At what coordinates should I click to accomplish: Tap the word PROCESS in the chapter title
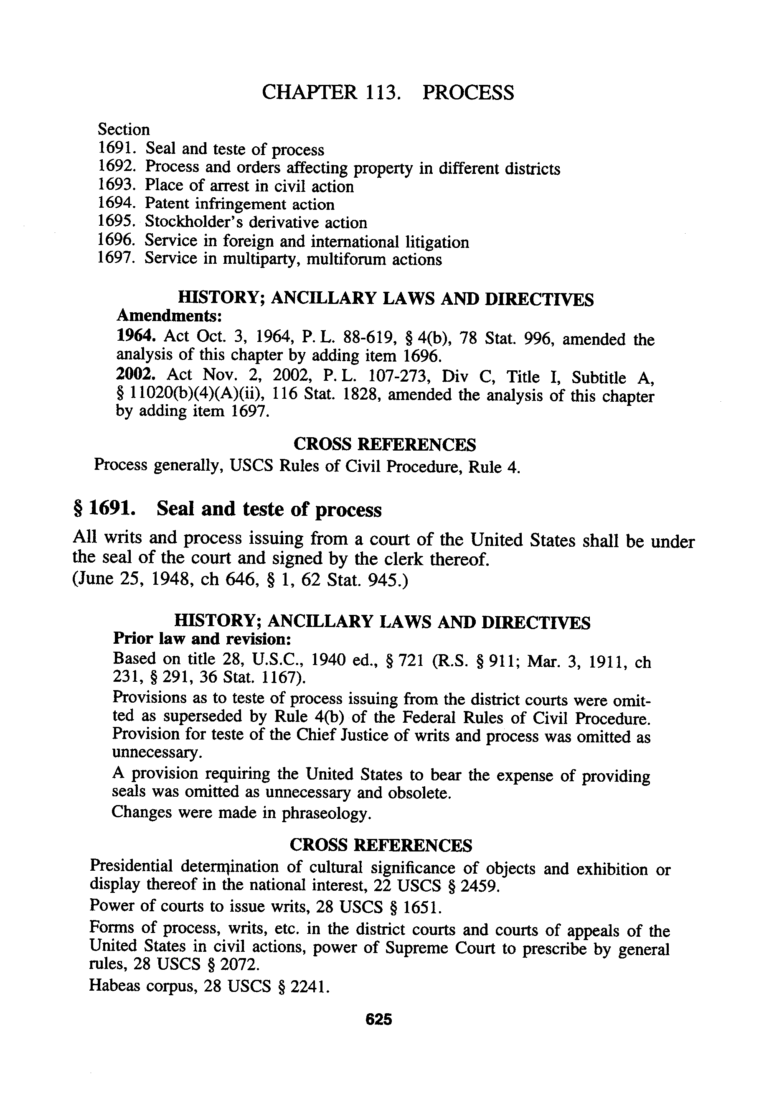tap(468, 92)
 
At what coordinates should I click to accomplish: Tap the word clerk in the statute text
tap(406, 558)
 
